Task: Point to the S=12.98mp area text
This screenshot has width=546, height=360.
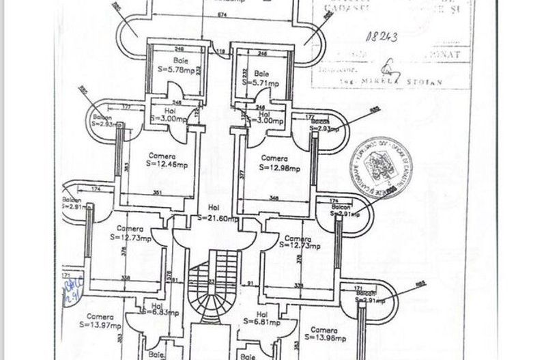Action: (278, 167)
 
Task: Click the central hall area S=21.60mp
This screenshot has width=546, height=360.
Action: (218, 219)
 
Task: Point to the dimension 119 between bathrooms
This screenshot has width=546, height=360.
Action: (220, 51)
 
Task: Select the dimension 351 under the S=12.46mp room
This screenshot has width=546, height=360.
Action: (157, 193)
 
